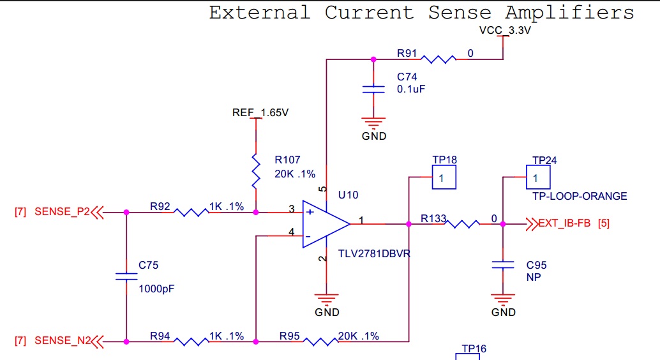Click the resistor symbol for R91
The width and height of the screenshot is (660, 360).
[438, 59]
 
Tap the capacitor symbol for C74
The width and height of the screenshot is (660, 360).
[373, 89]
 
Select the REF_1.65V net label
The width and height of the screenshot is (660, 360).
[260, 113]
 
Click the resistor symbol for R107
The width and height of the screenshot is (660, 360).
[256, 171]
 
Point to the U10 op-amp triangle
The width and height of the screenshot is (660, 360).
[326, 224]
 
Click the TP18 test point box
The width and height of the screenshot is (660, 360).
[444, 177]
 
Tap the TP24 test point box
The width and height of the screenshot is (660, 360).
[538, 177]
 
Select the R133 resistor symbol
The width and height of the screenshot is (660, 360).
[461, 224]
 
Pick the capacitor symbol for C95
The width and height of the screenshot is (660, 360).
[502, 265]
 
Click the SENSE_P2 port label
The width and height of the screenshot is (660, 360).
[63, 212]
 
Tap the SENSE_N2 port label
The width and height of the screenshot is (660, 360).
[63, 341]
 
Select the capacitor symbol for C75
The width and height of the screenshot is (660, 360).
[126, 276]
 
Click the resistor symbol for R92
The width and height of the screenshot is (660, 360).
[191, 212]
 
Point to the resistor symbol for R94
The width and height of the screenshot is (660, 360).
[191, 341]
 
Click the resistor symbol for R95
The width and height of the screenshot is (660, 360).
[320, 341]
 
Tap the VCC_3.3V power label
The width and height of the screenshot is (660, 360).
[505, 31]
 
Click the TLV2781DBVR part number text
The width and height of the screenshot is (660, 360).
[374, 254]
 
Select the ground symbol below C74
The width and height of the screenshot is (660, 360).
[373, 123]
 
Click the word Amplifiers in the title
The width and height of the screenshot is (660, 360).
[569, 13]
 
